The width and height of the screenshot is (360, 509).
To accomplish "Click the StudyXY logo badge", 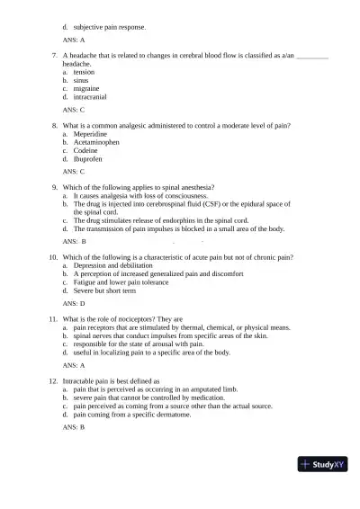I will pyautogui.click(x=323, y=464).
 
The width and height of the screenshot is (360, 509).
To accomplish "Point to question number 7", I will pyautogui.click(x=56, y=56).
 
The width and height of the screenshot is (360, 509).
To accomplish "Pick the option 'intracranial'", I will pyautogui.click(x=92, y=98).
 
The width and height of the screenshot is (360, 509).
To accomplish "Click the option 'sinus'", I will pyautogui.click(x=81, y=81).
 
